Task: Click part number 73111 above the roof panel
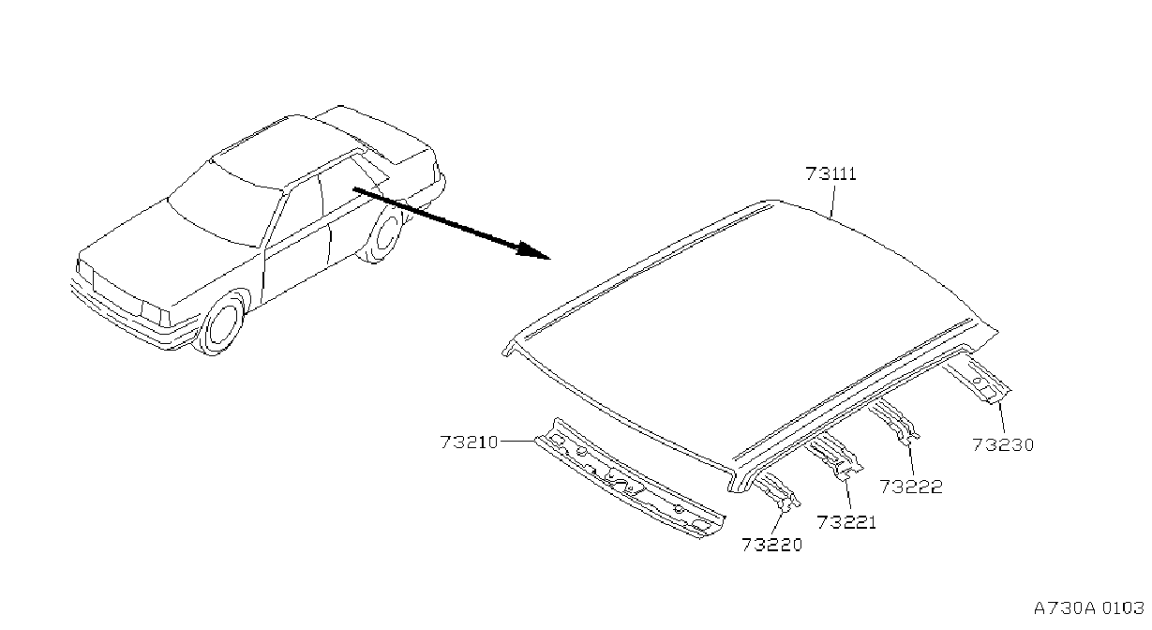[x=831, y=173]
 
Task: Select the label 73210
[x=469, y=442]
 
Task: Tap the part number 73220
[x=771, y=545]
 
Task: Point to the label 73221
[x=846, y=522]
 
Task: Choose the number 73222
[x=911, y=487]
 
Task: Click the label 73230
[x=1003, y=445]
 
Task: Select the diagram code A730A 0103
[x=1089, y=608]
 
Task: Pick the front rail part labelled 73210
[x=630, y=478]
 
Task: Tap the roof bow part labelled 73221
[x=834, y=457]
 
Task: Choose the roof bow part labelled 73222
[x=894, y=420]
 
